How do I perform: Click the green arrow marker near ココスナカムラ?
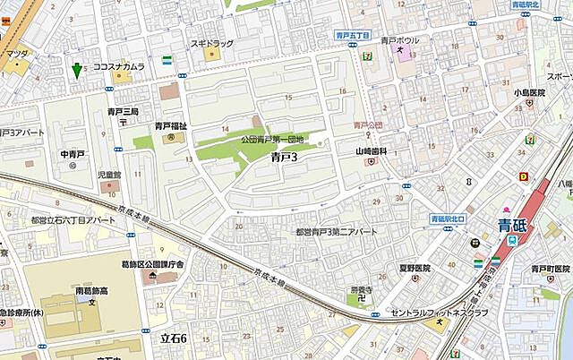click(x=78, y=69)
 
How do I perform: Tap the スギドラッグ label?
click(x=211, y=42)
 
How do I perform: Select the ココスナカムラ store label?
click(x=119, y=66)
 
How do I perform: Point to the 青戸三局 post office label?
click(x=124, y=112)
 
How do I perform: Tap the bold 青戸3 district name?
click(x=283, y=157)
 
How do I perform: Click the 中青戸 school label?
click(x=72, y=154)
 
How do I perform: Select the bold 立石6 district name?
click(x=173, y=339)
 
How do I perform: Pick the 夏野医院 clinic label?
click(x=415, y=268)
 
